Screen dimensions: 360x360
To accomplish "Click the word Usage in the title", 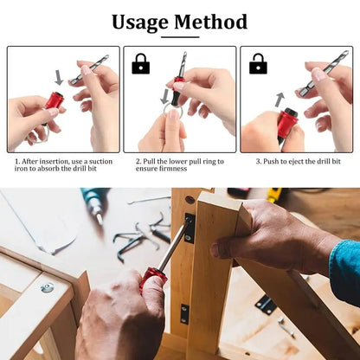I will tap(141, 22).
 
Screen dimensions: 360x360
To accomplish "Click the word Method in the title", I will tap(211, 22).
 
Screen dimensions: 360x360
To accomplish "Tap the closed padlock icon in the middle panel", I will tap(140, 64).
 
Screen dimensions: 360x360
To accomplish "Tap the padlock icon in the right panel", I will tap(258, 64).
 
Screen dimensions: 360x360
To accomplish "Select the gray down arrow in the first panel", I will tap(59, 78).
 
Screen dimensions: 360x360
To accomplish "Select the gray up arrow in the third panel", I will tap(280, 100).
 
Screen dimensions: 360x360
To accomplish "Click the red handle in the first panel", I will tap(54, 101).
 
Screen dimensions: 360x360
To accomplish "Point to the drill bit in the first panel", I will tap(90, 69).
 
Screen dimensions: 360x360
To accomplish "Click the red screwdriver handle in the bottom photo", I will tap(153, 279).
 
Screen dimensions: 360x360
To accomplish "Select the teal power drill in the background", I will tap(94, 204).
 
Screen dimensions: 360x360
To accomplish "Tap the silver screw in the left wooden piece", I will tap(47, 287).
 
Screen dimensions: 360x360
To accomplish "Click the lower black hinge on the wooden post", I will tap(184, 313).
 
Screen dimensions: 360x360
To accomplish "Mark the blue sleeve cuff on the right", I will tap(345, 270).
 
